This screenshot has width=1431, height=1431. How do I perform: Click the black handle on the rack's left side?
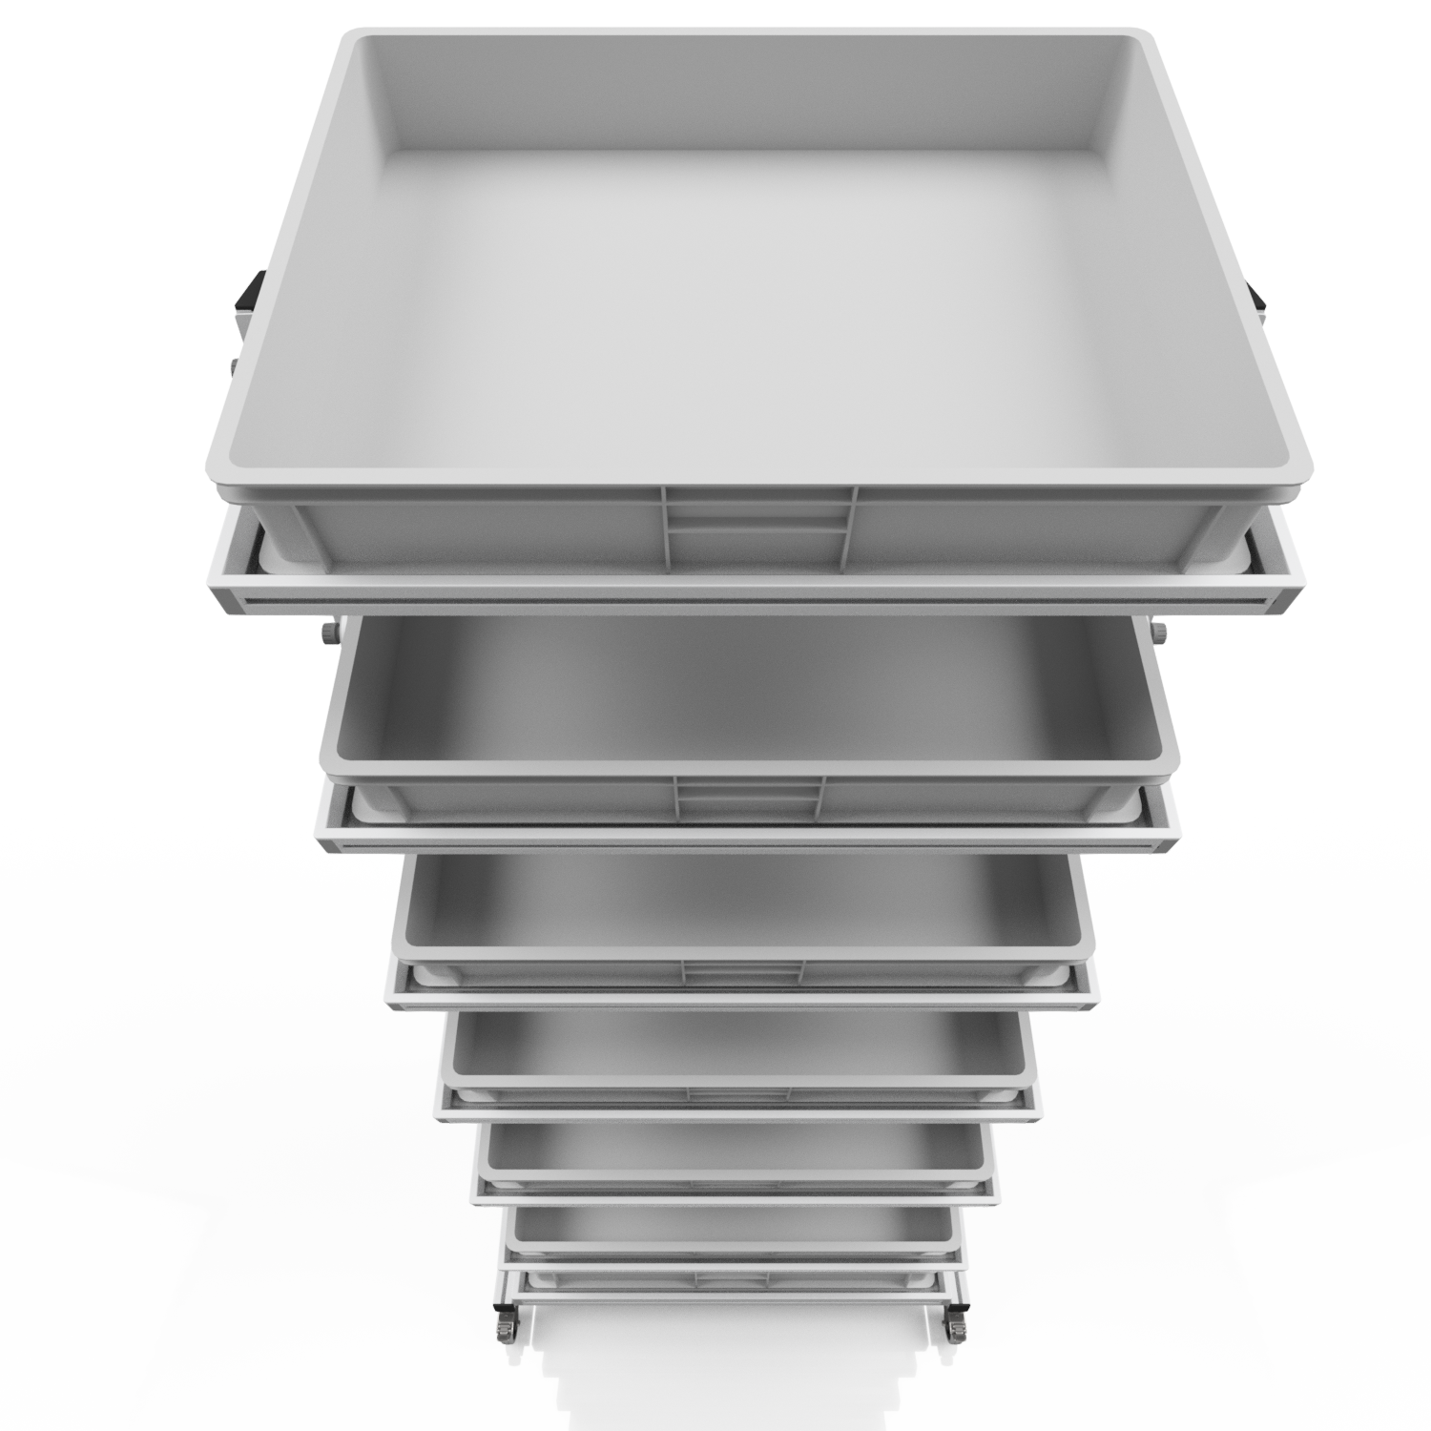[x=251, y=292]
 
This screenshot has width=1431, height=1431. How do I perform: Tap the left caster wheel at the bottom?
[x=502, y=1328]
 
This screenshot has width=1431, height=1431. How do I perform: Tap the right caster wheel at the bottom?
[x=956, y=1328]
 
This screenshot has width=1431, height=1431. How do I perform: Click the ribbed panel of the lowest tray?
[x=730, y=1277]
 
